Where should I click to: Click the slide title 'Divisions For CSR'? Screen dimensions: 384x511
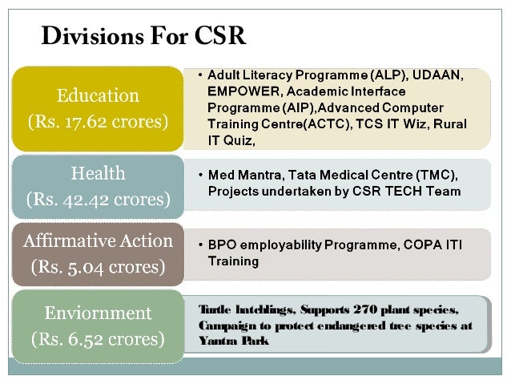(x=144, y=37)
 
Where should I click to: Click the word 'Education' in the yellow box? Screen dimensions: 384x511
(x=97, y=96)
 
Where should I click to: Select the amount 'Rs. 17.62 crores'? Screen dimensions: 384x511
(x=98, y=123)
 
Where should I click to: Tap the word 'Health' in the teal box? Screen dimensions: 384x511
(x=98, y=173)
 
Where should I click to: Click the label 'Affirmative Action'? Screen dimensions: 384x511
(x=98, y=240)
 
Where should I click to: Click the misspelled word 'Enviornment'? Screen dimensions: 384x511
(x=98, y=311)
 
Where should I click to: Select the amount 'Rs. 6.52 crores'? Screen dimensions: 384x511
(x=98, y=338)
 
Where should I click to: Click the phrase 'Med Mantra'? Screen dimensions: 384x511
(x=241, y=175)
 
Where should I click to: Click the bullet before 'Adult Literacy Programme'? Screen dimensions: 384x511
(x=199, y=75)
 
